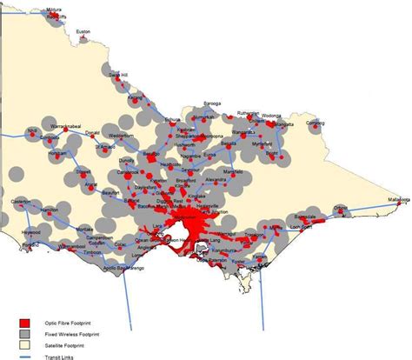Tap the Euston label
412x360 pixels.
click(x=83, y=31)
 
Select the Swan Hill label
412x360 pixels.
click(x=118, y=76)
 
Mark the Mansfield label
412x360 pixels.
click(x=232, y=173)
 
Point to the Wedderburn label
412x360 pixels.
click(x=120, y=137)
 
